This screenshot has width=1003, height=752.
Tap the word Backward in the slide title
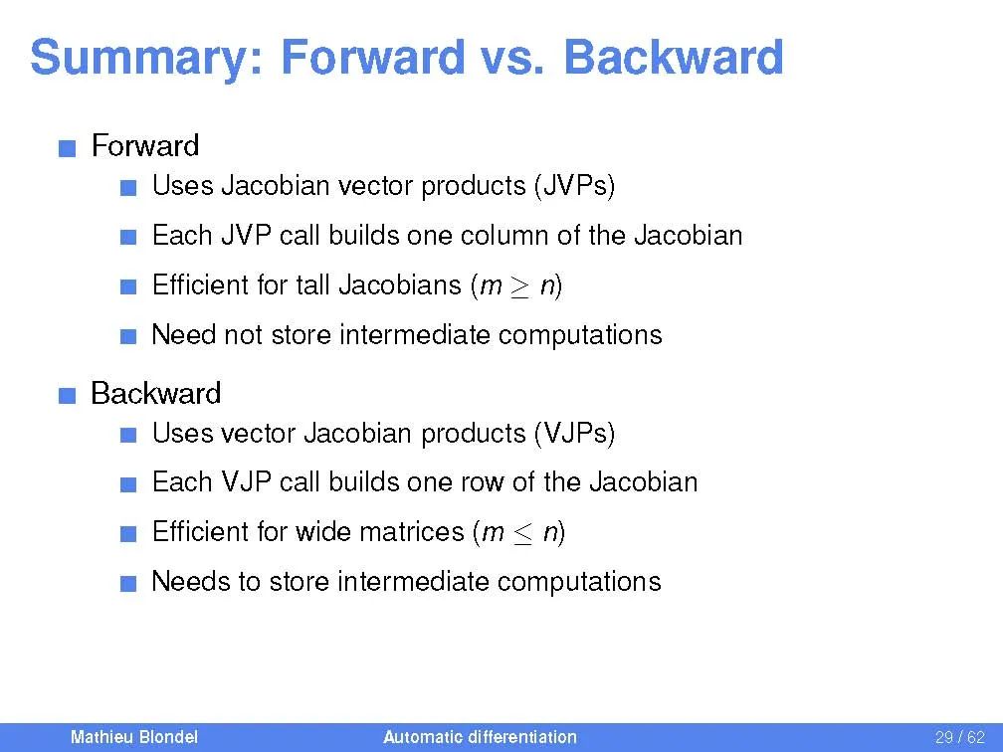tap(674, 57)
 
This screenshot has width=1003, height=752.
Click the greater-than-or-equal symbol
tap(520, 286)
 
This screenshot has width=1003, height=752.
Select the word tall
tap(312, 284)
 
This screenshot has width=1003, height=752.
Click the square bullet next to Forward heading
tap(68, 149)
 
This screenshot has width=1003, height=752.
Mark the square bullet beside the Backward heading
tap(68, 396)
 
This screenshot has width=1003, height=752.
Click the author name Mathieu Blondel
tap(134, 737)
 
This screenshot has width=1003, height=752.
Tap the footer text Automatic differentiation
tap(480, 737)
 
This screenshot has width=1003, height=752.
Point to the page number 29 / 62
tap(959, 737)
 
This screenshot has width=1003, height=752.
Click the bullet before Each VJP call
tap(128, 484)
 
